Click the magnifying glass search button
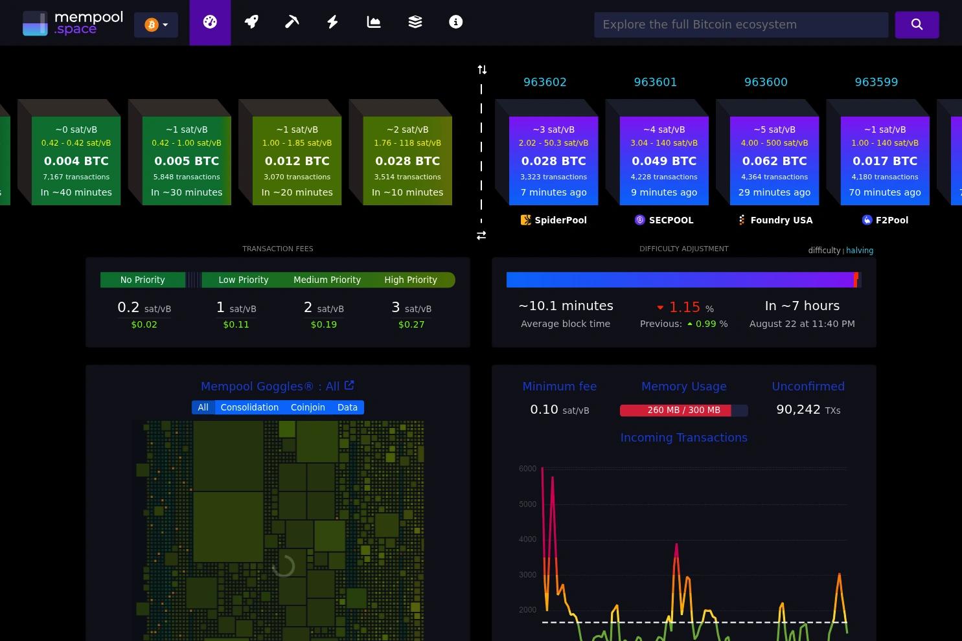(x=917, y=25)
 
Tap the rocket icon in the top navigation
(x=251, y=22)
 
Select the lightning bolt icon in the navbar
(x=332, y=22)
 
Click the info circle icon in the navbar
(x=455, y=22)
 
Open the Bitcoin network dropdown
(x=156, y=25)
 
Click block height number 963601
(x=656, y=82)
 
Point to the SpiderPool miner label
(x=554, y=220)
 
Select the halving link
(x=860, y=251)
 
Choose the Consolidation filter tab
(x=249, y=407)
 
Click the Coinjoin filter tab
(x=308, y=407)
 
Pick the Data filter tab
(x=347, y=407)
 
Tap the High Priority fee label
(x=411, y=280)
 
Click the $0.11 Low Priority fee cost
(x=236, y=324)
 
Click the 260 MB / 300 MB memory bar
(x=683, y=410)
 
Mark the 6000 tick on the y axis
(x=527, y=468)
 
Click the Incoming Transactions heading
(x=683, y=438)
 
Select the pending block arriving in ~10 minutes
(x=407, y=161)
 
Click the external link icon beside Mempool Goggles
(x=349, y=385)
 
